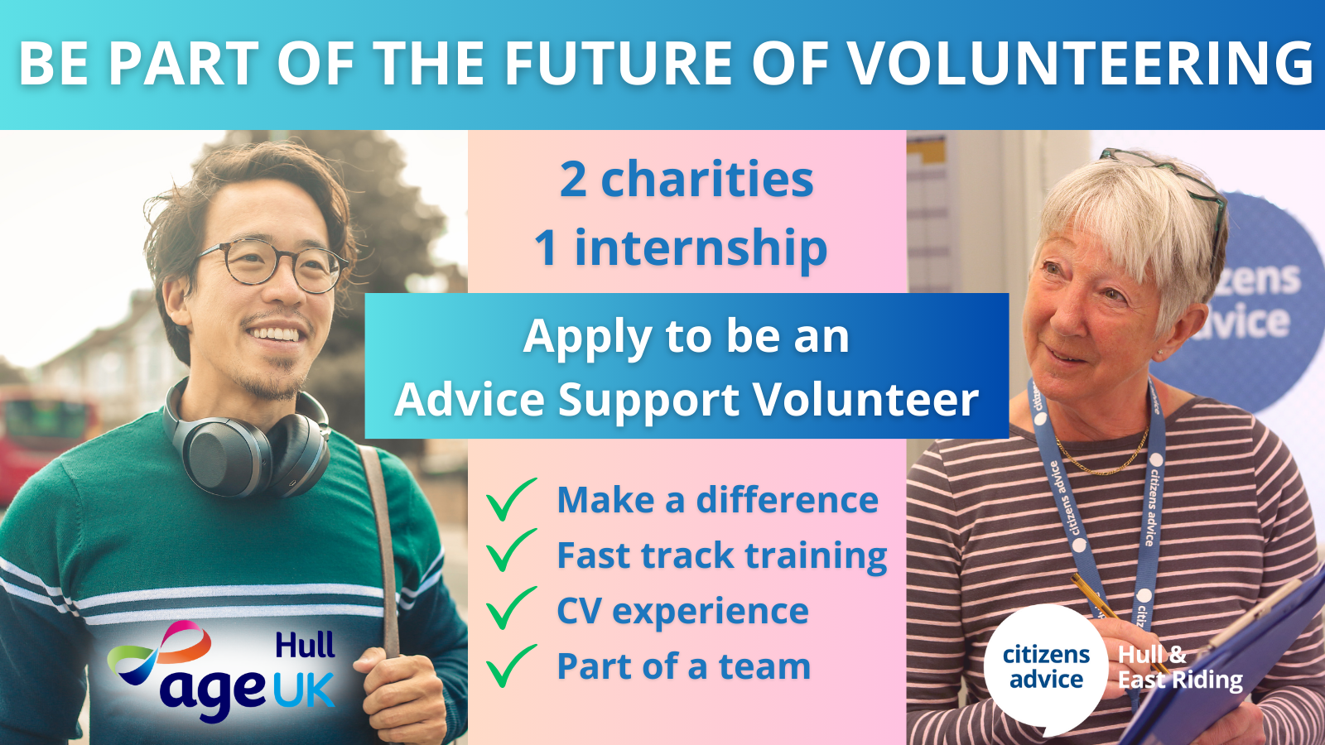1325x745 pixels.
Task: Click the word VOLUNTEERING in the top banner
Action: [1081, 63]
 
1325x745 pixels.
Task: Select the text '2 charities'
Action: [687, 180]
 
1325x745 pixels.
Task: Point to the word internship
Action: [701, 248]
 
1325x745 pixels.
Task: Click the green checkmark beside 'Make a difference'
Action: [510, 499]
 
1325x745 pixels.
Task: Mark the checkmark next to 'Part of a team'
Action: [510, 666]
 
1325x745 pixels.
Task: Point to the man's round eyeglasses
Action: [273, 265]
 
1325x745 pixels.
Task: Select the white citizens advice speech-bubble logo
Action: [1046, 667]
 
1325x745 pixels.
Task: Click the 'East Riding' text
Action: [1180, 680]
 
